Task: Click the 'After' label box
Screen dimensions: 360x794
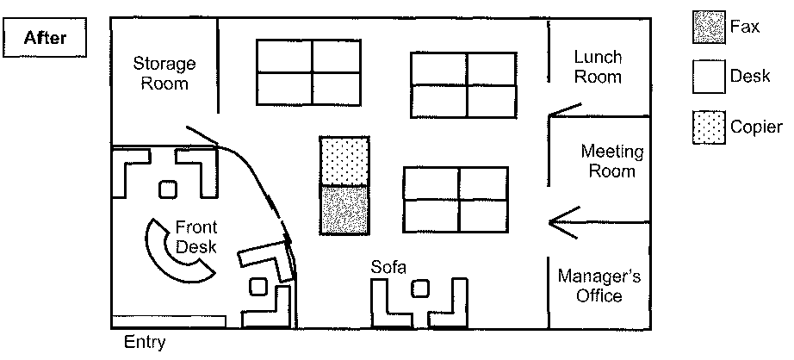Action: tap(47, 37)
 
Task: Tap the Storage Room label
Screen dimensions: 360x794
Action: tap(164, 73)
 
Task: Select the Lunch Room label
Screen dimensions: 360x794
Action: tap(598, 66)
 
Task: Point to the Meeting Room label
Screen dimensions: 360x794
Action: tap(611, 161)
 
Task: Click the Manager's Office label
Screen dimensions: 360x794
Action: tap(599, 286)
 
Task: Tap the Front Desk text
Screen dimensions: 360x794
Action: tap(196, 237)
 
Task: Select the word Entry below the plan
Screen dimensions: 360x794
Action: tap(145, 343)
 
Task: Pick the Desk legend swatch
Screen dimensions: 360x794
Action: tap(708, 77)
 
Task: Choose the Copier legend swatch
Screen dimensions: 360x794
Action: tap(708, 127)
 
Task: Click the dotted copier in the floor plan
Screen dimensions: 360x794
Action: tap(345, 160)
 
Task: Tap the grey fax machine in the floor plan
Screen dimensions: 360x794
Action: tap(345, 209)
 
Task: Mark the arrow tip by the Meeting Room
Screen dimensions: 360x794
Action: tap(551, 223)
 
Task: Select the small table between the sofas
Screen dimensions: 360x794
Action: tap(420, 288)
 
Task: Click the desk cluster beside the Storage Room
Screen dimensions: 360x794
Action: tap(311, 71)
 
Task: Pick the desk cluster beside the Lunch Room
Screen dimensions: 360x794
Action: tap(466, 84)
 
